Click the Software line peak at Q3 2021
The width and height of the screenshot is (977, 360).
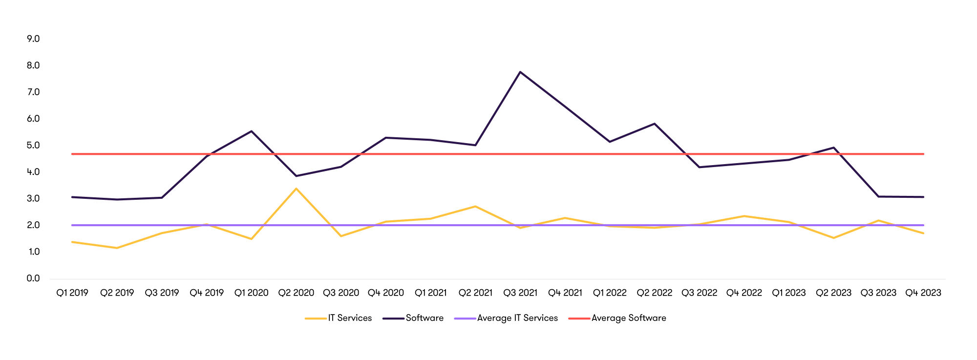(x=520, y=72)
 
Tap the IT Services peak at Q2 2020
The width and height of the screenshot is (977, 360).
(x=296, y=189)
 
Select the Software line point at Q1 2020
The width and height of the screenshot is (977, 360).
(x=252, y=131)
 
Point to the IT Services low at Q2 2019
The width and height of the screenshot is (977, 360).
(x=117, y=248)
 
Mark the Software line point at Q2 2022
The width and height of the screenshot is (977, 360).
(x=655, y=124)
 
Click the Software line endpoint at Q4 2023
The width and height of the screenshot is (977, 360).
(x=923, y=197)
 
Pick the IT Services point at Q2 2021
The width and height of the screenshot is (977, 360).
(x=475, y=206)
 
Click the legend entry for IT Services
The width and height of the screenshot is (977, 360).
(x=349, y=318)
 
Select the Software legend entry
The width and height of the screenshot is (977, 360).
(x=424, y=318)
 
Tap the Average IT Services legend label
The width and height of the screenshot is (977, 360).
(x=517, y=318)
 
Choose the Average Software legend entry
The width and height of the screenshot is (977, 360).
(x=628, y=318)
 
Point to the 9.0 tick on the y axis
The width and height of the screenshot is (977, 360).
(x=33, y=39)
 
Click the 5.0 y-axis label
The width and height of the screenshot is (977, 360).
(x=33, y=145)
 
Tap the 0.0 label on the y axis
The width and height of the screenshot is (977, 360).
(x=33, y=278)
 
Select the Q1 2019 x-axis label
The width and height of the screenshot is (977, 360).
(x=72, y=293)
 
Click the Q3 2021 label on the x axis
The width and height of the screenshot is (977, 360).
(x=520, y=293)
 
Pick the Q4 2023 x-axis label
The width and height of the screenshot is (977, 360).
(x=923, y=293)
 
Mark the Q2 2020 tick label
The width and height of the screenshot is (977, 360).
(x=296, y=293)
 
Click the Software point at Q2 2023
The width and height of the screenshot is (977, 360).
(x=833, y=148)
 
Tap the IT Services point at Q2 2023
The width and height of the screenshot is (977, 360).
(x=833, y=238)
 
